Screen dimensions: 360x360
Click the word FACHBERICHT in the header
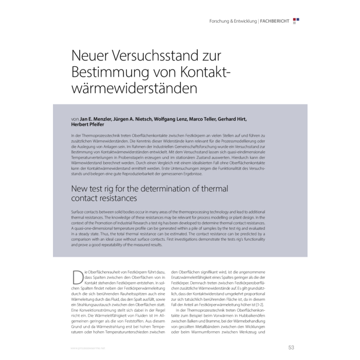click(275, 21)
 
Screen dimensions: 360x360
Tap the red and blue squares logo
click(296, 21)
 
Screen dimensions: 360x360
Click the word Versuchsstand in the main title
click(149, 55)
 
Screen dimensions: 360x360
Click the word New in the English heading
click(81, 188)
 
